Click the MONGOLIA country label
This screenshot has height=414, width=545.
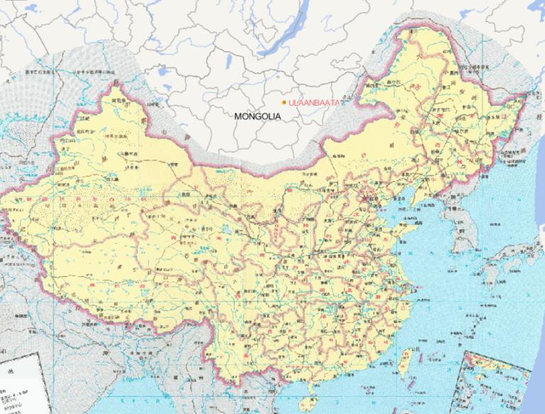257,116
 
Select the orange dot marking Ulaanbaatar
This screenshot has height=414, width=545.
284,102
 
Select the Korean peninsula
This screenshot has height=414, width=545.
461,227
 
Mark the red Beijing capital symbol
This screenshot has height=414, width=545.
367,197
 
